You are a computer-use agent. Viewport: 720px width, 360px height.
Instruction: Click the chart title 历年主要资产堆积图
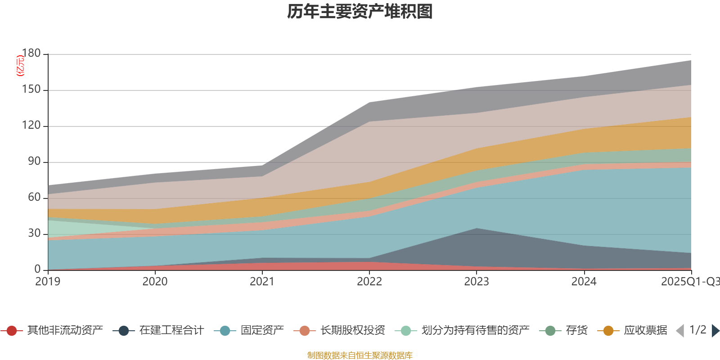pyautogui.click(x=360, y=12)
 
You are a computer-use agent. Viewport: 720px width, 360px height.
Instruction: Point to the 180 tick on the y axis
pyautogui.click(x=31, y=53)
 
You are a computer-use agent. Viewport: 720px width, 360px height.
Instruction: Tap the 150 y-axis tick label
pyautogui.click(x=31, y=89)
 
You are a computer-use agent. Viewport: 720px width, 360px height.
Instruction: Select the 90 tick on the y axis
pyautogui.click(x=34, y=161)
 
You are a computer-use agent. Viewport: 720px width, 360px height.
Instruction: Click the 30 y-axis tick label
pyautogui.click(x=34, y=233)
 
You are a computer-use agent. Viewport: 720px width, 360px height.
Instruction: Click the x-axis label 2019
pyautogui.click(x=48, y=282)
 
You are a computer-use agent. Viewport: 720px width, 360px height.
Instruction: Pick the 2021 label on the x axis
pyautogui.click(x=262, y=282)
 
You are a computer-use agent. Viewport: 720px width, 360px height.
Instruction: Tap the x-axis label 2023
pyautogui.click(x=477, y=282)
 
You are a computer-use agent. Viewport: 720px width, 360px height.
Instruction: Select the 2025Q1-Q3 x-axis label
pyautogui.click(x=690, y=282)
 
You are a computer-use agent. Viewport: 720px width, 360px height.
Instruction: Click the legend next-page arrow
pyautogui.click(x=715, y=331)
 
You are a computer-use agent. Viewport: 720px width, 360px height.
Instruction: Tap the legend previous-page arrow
pyautogui.click(x=680, y=331)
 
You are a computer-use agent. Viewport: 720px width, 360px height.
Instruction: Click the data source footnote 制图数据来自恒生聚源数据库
pyautogui.click(x=360, y=355)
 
